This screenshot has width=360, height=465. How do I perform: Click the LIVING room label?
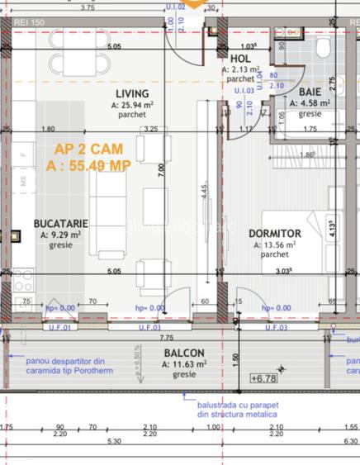132,94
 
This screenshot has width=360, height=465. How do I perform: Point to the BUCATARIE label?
60,224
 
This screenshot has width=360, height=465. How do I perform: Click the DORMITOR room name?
275,234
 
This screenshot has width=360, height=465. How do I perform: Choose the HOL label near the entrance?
240,59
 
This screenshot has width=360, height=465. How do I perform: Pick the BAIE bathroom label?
310,93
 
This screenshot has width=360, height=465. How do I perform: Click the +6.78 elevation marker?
264,379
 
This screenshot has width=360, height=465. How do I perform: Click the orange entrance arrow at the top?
192,5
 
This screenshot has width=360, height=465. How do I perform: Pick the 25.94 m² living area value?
136,105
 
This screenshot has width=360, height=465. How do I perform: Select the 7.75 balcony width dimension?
168,337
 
